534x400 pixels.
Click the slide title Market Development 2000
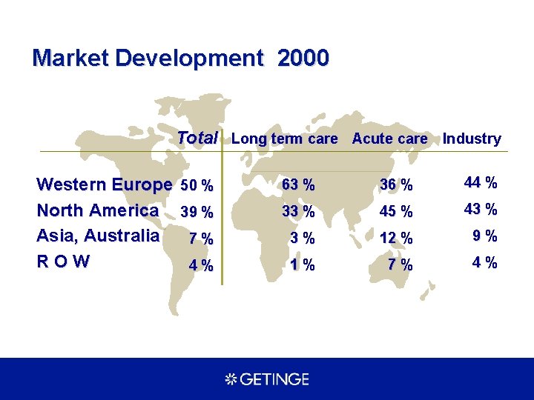coord(180,58)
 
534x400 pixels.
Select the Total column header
coord(197,138)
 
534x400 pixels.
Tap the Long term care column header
coord(284,139)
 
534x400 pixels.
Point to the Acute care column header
coord(389,139)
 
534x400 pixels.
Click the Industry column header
coord(472,139)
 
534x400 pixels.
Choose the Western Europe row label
coord(105,184)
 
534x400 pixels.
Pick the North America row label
coord(97,210)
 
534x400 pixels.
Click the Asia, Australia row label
coord(98,236)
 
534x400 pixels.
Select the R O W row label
coord(63,261)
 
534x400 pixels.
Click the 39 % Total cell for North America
coord(197,213)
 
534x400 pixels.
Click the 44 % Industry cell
coord(481,182)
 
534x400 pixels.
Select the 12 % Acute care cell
coord(396,239)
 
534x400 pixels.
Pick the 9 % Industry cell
coord(485,236)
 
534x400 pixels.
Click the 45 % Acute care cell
coord(396,212)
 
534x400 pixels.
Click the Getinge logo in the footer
coord(267,379)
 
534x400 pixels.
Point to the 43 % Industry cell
coord(481,210)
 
